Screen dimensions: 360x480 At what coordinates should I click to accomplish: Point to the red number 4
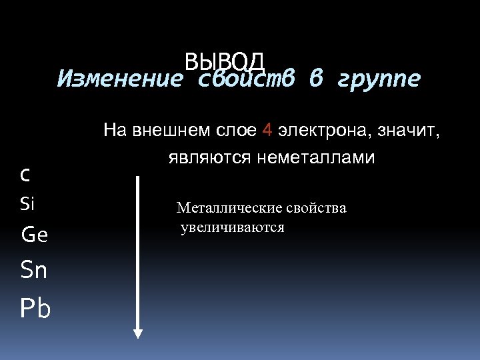pos(267,131)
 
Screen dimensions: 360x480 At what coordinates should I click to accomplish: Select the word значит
pos(408,131)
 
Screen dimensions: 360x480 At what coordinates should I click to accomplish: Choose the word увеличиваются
pos(232,228)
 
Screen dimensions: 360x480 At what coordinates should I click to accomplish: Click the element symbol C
pos(25,175)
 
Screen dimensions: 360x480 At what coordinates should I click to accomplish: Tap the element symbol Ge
pos(35,235)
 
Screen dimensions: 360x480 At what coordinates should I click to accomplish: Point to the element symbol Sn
pos(34,270)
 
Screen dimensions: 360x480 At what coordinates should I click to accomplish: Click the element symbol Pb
pos(35,309)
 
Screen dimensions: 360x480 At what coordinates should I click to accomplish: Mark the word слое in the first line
pos(237,131)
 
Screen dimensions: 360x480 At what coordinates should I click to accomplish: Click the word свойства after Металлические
pos(316,208)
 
